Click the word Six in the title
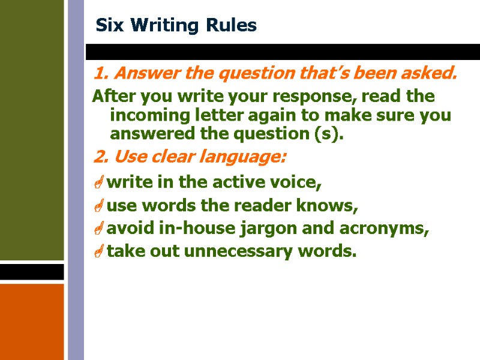click(108, 26)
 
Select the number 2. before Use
click(101, 158)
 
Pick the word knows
click(331, 206)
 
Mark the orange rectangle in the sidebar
click(32, 321)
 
